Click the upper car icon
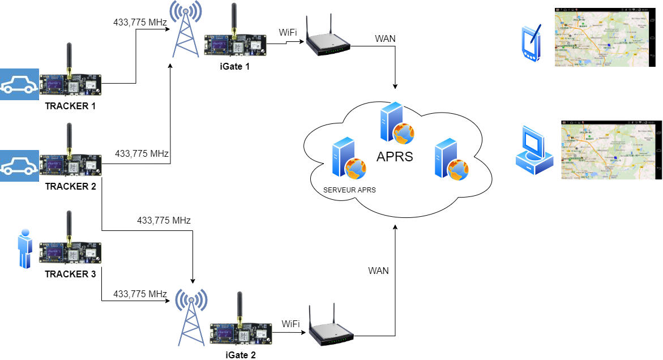pyautogui.click(x=19, y=84)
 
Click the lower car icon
pyautogui.click(x=19, y=166)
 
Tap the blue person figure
pyautogui.click(x=24, y=248)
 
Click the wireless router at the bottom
pyautogui.click(x=331, y=328)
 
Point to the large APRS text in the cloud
pyautogui.click(x=395, y=157)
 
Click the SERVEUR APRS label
pyautogui.click(x=349, y=191)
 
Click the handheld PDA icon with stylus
pyautogui.click(x=531, y=42)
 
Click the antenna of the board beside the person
pyautogui.click(x=69, y=226)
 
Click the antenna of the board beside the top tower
pyautogui.click(x=233, y=17)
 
